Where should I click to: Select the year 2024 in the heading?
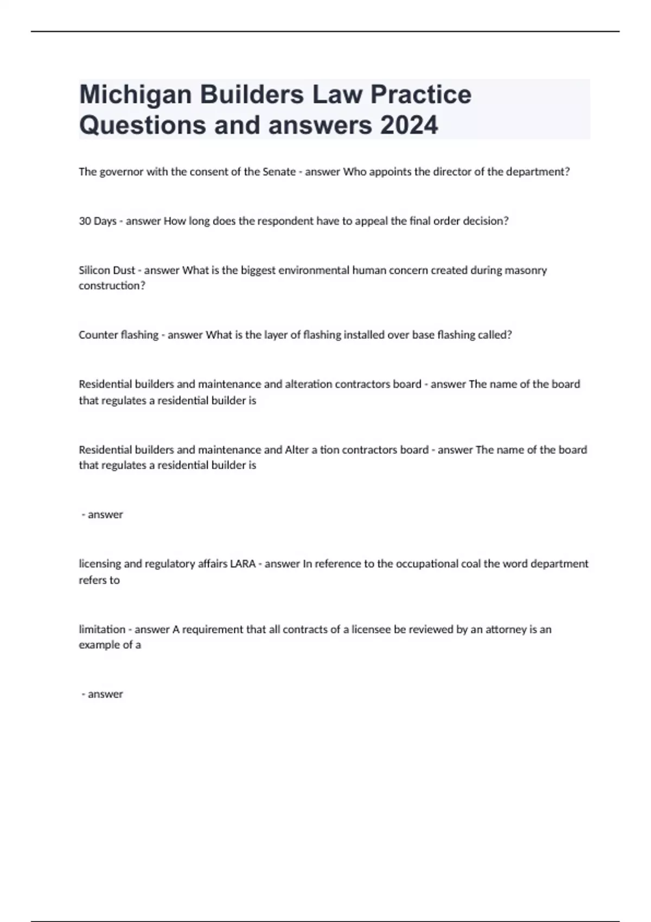click(x=409, y=125)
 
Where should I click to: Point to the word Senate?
click(x=279, y=172)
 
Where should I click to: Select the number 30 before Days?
click(x=85, y=221)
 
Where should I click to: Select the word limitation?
click(x=102, y=630)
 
